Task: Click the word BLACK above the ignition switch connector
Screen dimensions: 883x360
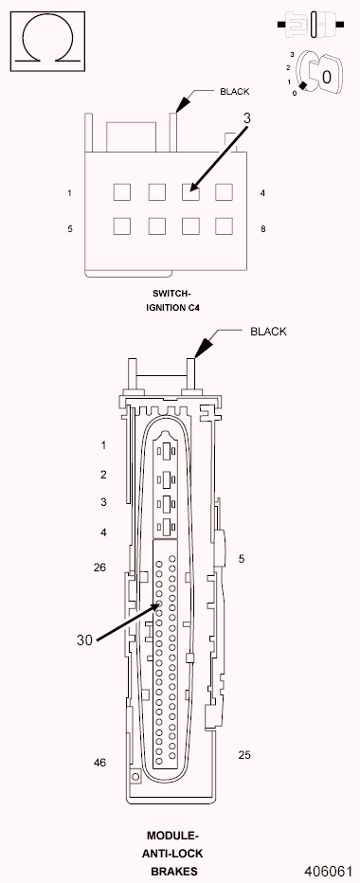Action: (x=235, y=92)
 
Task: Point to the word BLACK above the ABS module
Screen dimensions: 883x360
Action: (x=268, y=332)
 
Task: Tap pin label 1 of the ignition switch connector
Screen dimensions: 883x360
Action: (x=69, y=193)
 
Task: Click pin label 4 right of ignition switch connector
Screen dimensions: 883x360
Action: (x=261, y=193)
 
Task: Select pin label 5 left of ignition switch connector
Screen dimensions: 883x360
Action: (x=69, y=228)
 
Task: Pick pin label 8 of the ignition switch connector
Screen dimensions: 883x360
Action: (x=261, y=228)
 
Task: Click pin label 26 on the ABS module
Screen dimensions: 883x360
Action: (x=100, y=568)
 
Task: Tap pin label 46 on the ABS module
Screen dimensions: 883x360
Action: (x=100, y=762)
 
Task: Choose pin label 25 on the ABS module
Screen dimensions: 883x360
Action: (x=243, y=755)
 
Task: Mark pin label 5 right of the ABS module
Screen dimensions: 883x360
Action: (x=242, y=559)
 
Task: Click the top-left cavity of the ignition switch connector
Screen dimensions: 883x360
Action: (x=121, y=191)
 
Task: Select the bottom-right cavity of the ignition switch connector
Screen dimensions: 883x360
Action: (x=224, y=225)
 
